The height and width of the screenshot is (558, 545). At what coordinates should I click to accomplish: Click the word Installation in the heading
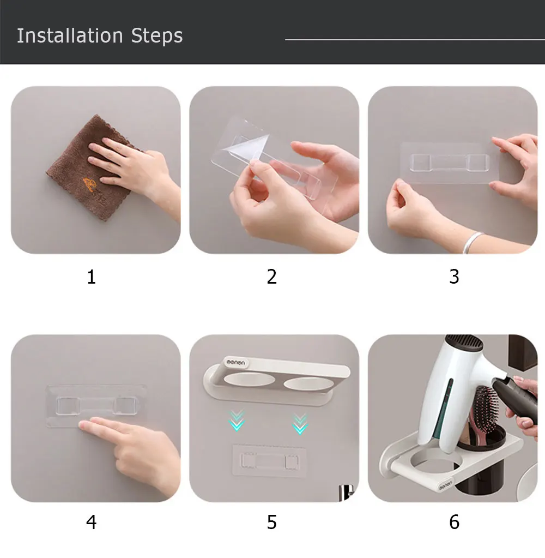click(x=70, y=35)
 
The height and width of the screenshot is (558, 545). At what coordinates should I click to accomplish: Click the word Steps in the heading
click(x=157, y=37)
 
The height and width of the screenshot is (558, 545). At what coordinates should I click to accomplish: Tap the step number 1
click(x=92, y=277)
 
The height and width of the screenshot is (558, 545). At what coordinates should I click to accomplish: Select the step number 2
click(x=271, y=277)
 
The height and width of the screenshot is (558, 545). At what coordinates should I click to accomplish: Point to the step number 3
click(x=454, y=277)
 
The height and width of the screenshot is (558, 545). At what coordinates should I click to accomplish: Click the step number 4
click(x=92, y=522)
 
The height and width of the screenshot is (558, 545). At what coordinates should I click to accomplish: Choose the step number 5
click(x=271, y=522)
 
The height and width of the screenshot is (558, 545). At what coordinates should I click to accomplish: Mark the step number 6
click(x=454, y=522)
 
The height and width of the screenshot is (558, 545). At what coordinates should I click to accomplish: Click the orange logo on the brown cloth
click(x=90, y=184)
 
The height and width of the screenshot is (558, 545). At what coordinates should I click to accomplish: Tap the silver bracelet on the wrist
click(x=473, y=242)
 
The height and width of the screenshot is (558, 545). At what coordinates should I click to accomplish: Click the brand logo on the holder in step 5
click(x=236, y=363)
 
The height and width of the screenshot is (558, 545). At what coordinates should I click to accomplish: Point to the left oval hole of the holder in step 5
click(x=249, y=379)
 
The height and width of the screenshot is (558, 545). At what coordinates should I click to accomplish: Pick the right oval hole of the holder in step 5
click(x=306, y=383)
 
